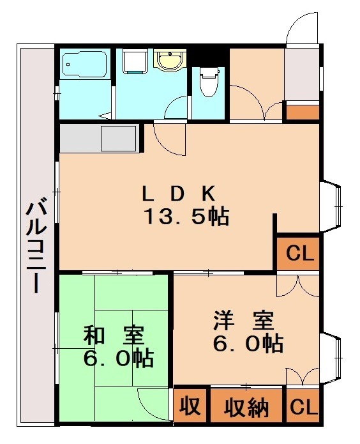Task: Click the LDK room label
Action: pyautogui.click(x=181, y=193)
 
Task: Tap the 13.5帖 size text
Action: pyautogui.click(x=186, y=217)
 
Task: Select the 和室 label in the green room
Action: pyautogui.click(x=114, y=335)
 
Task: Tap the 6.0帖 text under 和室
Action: pyautogui.click(x=118, y=358)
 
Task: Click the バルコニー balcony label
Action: pyautogui.click(x=36, y=247)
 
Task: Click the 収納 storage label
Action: pyautogui.click(x=246, y=407)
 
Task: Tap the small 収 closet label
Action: pyautogui.click(x=189, y=406)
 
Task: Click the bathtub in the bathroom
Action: pyautogui.click(x=86, y=65)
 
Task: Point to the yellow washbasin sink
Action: pyautogui.click(x=170, y=61)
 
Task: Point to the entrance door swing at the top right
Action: pyautogui.click(x=300, y=29)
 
